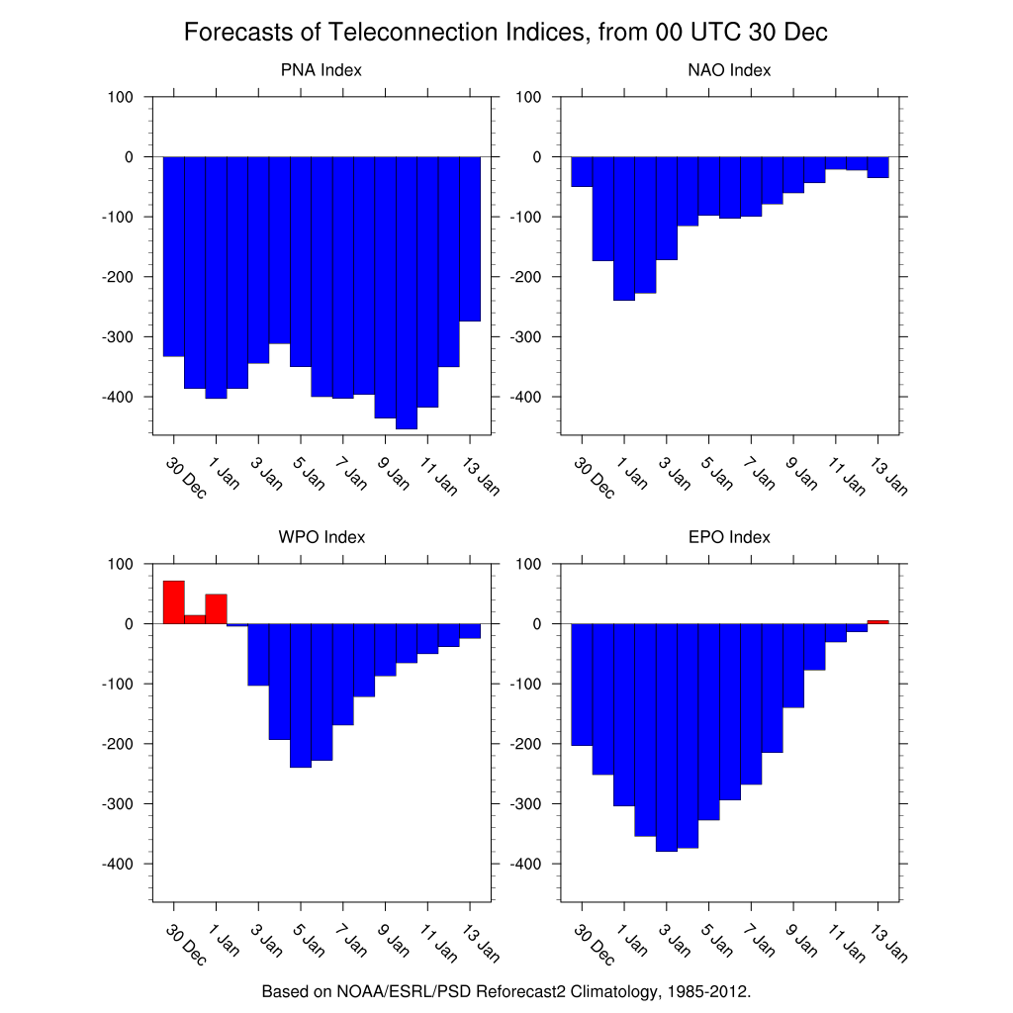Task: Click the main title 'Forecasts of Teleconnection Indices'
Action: point(506,33)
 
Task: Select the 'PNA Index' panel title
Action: point(322,70)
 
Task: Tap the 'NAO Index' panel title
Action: point(729,70)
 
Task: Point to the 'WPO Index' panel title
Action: point(322,537)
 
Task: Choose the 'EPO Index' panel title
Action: point(729,537)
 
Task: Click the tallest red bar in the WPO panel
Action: point(173,602)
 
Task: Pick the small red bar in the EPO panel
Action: point(877,621)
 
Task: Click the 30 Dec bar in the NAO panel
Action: point(582,171)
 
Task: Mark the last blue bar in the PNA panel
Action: point(470,238)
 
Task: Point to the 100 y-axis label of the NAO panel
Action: point(528,97)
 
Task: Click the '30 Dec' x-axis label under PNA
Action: point(186,478)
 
